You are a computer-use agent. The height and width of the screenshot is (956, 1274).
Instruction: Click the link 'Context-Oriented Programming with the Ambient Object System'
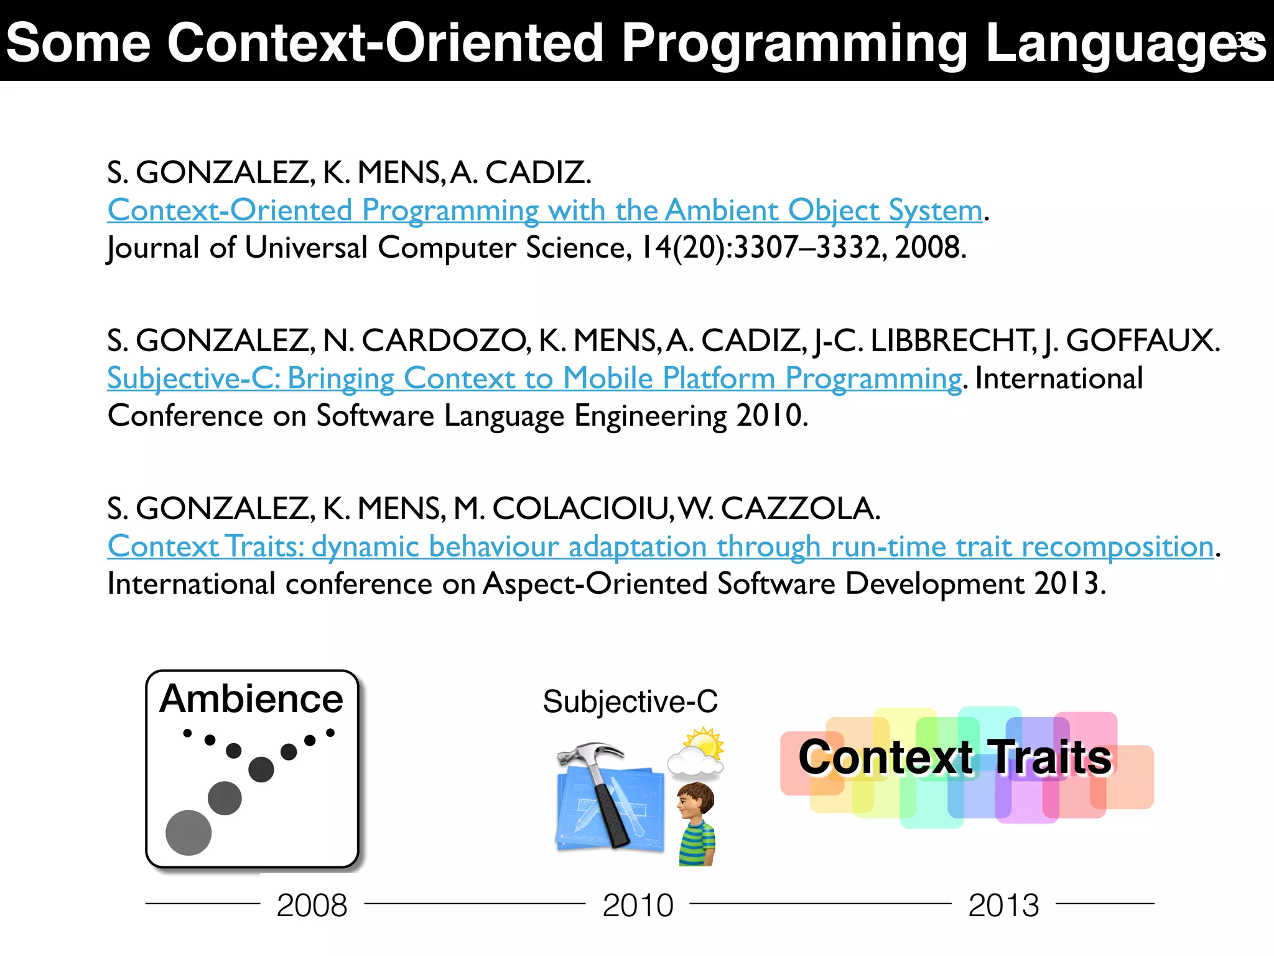tap(544, 210)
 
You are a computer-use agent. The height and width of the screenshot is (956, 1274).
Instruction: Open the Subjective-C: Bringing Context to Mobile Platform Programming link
tap(534, 378)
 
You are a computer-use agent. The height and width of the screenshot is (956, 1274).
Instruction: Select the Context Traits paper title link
tap(660, 546)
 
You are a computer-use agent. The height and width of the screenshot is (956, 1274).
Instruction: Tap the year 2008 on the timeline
tap(312, 905)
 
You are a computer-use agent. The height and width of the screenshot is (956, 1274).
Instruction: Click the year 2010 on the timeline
tap(638, 905)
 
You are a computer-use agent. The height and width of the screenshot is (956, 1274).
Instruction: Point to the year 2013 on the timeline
tap(1003, 905)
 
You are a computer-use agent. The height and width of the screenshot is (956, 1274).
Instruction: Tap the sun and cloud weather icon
tap(697, 753)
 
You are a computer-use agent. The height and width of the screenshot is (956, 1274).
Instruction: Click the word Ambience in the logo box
tap(251, 698)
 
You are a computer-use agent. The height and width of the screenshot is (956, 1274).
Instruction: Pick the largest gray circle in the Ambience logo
tap(188, 833)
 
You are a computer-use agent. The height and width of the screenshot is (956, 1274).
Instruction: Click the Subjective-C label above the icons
tap(630, 701)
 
